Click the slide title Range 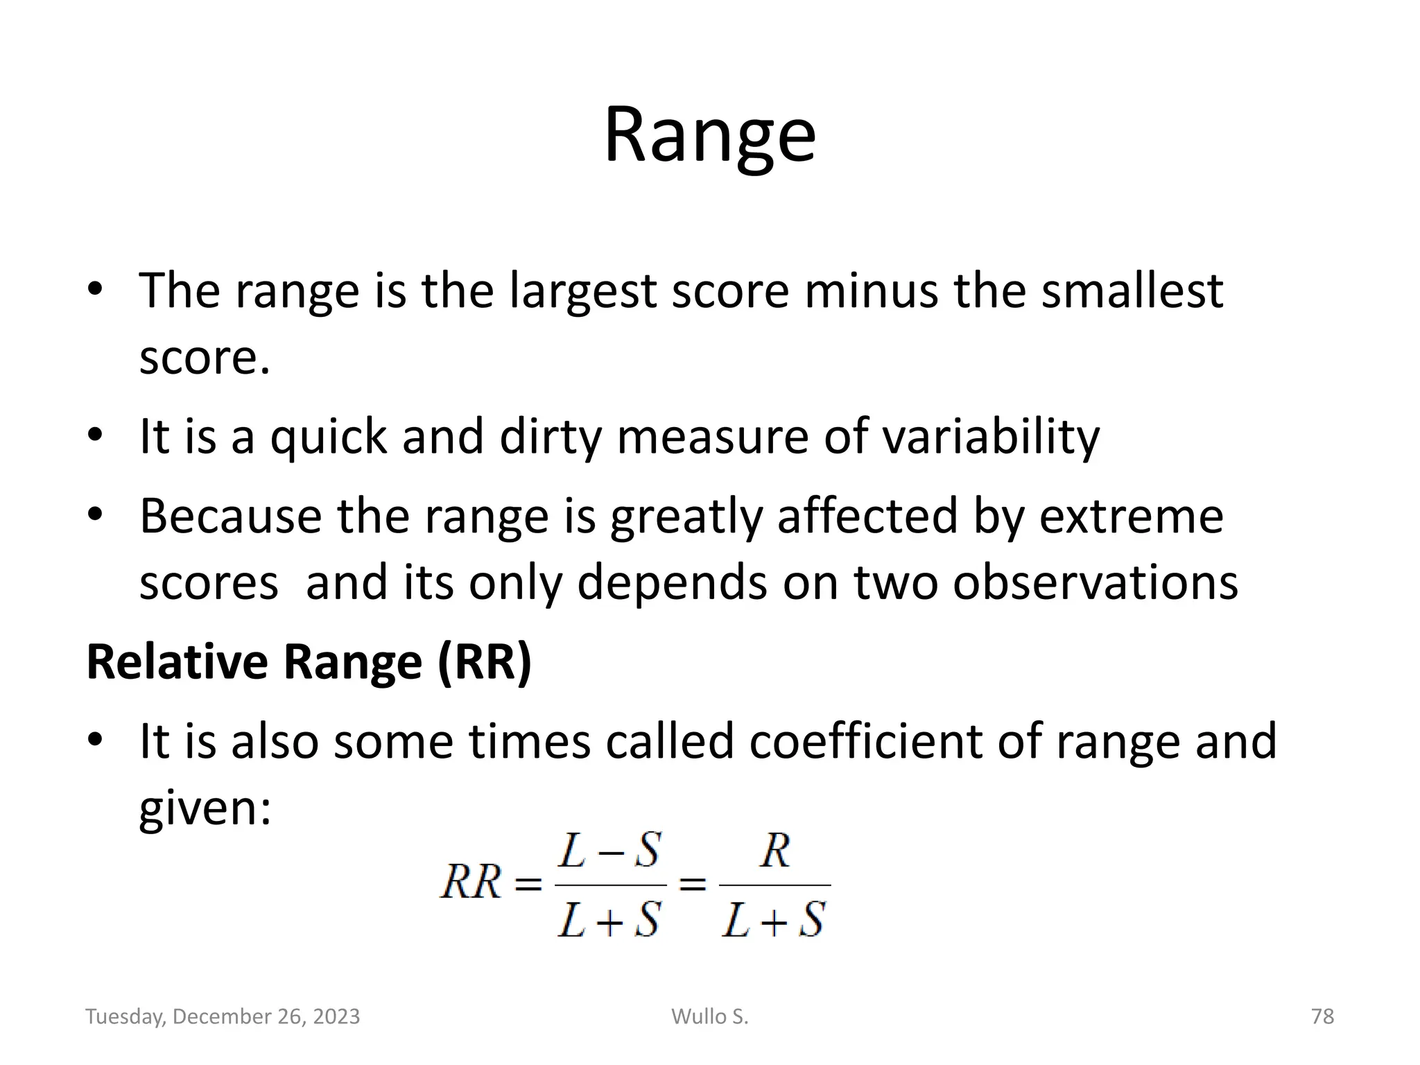tap(709, 135)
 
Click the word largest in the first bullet tap(582, 291)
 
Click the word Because tap(231, 516)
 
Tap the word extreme tap(1131, 516)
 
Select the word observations tap(1095, 582)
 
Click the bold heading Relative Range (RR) tap(309, 661)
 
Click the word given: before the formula tap(205, 808)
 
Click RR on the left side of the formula tap(470, 883)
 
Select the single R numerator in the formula tap(774, 851)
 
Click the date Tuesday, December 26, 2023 tap(223, 1016)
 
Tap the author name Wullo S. tap(709, 1016)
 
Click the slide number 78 tap(1322, 1016)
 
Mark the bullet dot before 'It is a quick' tap(95, 435)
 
